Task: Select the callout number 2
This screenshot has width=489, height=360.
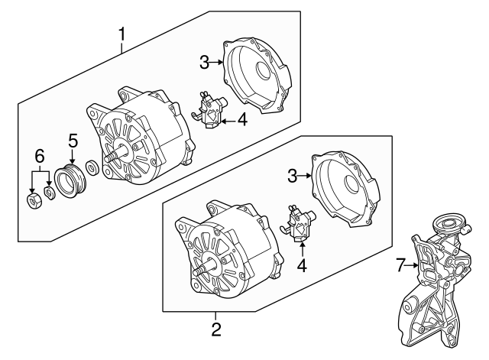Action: [216, 330]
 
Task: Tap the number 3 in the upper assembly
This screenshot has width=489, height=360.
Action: [203, 61]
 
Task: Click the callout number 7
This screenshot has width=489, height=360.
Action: [399, 266]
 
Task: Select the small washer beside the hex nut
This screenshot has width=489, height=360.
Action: [49, 193]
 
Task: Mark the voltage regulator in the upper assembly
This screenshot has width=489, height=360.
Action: [210, 109]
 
